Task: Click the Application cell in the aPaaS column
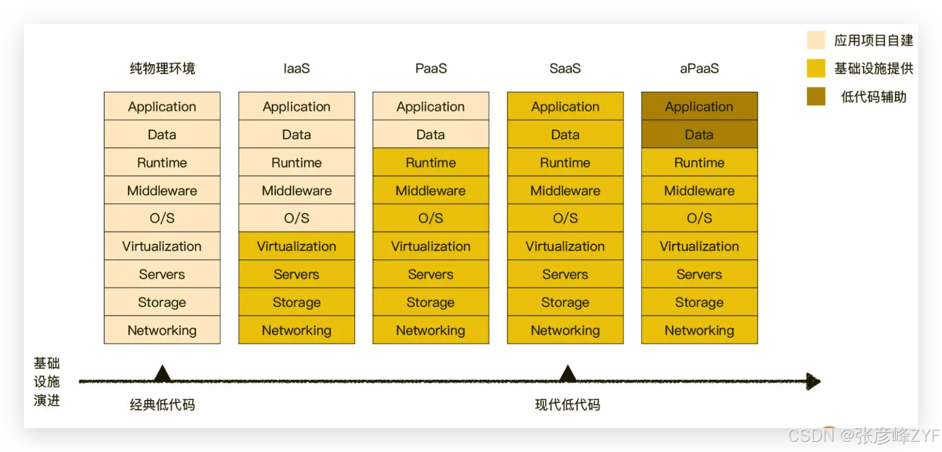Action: click(699, 106)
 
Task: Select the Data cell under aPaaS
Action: click(699, 135)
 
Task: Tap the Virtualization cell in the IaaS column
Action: click(296, 246)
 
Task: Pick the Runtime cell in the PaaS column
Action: click(430, 163)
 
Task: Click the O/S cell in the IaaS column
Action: click(296, 218)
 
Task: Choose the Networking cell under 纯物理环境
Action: click(162, 330)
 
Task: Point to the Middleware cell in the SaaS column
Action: click(565, 191)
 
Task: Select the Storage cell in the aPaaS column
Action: click(699, 303)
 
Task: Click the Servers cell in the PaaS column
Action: click(430, 274)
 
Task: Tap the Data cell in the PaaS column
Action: click(430, 135)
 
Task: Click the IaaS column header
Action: click(296, 68)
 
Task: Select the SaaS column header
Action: click(565, 68)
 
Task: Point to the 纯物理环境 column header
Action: click(162, 68)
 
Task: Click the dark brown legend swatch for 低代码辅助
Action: click(816, 96)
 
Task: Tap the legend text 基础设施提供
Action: click(873, 69)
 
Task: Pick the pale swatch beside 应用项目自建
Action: click(816, 40)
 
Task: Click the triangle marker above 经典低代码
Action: click(162, 374)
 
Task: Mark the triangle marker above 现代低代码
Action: click(567, 374)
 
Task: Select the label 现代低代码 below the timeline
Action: click(567, 405)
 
